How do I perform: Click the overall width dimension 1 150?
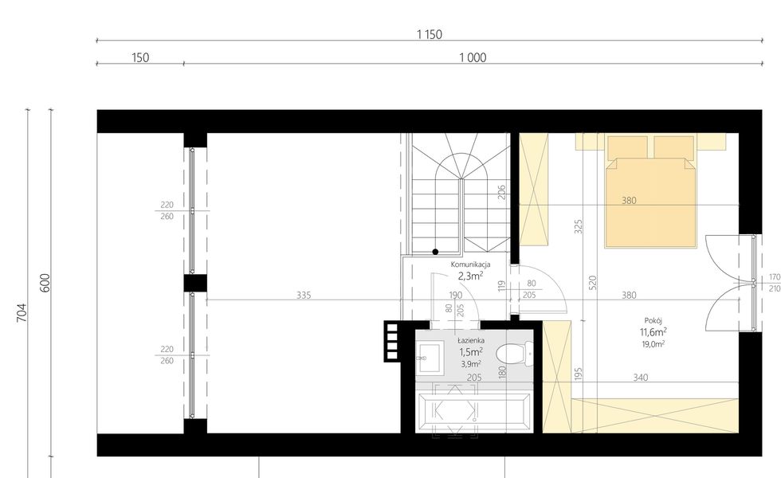[429, 34]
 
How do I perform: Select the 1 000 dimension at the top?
[473, 57]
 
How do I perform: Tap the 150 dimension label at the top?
[139, 57]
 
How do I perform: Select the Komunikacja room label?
[470, 264]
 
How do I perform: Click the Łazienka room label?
[471, 339]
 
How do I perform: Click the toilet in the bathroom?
[515, 353]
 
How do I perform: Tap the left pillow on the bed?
[626, 147]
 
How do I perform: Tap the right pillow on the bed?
[673, 147]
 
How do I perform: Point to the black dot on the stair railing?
[435, 252]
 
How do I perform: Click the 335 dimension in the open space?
[303, 295]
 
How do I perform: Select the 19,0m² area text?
[653, 344]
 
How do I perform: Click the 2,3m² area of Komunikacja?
[470, 276]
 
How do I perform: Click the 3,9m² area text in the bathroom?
[471, 363]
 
